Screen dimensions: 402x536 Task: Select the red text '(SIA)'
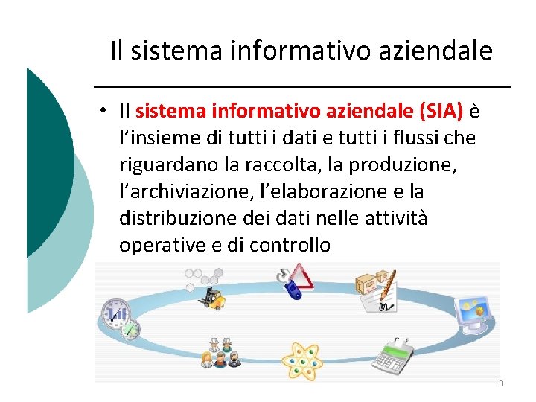(x=441, y=112)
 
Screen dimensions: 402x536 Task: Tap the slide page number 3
(x=501, y=384)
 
